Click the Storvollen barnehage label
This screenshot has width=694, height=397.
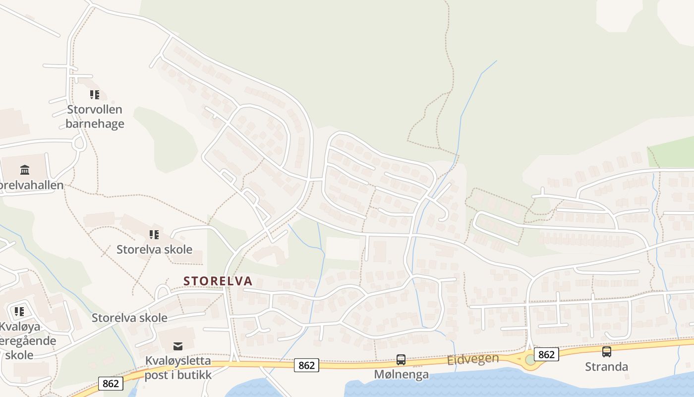tap(95, 117)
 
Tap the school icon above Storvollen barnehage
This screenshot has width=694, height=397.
tap(95, 94)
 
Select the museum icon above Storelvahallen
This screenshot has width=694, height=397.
tap(25, 170)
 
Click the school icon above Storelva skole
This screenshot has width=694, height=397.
tap(154, 234)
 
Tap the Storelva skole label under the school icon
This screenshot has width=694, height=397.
tap(154, 249)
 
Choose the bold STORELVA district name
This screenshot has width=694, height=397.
tap(218, 281)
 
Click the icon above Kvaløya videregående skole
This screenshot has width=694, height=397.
tap(19, 312)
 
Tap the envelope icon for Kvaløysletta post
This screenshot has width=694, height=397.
tap(177, 346)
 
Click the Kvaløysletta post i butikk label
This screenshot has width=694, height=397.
tap(178, 368)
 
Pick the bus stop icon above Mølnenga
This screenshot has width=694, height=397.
tap(401, 359)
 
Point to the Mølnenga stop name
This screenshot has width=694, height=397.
tap(401, 374)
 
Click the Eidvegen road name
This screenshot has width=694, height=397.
tap(473, 359)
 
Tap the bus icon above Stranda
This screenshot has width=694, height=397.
tap(606, 352)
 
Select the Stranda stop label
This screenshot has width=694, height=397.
tap(606, 367)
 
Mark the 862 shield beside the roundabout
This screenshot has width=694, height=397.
tap(546, 354)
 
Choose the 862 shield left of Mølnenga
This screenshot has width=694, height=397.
tap(306, 365)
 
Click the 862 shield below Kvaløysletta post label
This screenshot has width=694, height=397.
tap(111, 383)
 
